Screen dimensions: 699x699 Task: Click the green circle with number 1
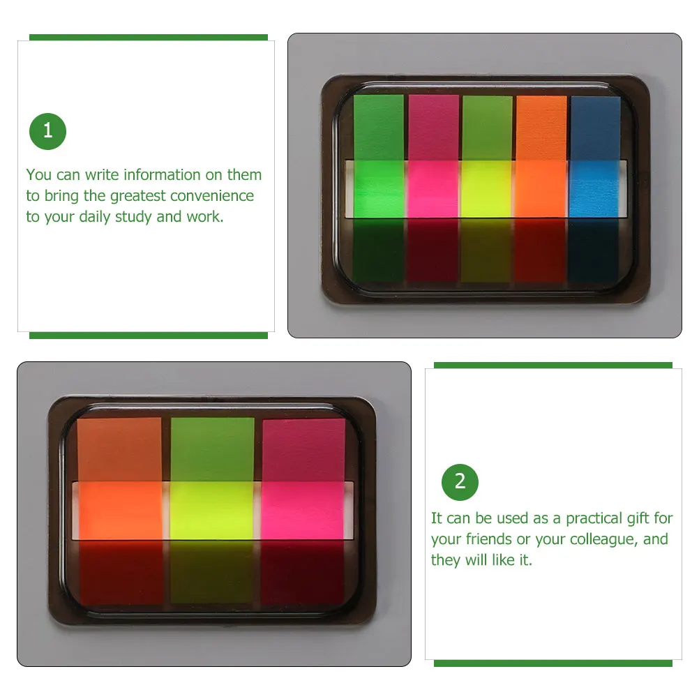pyautogui.click(x=47, y=131)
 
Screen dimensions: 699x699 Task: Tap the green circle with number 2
pyautogui.click(x=460, y=482)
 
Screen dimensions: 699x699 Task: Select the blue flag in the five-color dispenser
pyautogui.click(x=595, y=188)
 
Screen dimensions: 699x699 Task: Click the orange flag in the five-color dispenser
pyautogui.click(x=541, y=188)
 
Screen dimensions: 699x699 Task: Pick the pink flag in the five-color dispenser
pyautogui.click(x=433, y=188)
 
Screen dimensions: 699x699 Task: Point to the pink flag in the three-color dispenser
pyautogui.click(x=303, y=510)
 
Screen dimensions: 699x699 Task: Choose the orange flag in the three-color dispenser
pyautogui.click(x=120, y=510)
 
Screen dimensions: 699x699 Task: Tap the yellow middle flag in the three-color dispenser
pyautogui.click(x=212, y=510)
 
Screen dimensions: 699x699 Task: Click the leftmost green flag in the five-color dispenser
pyautogui.click(x=378, y=188)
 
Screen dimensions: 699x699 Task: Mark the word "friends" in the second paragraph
pyautogui.click(x=489, y=539)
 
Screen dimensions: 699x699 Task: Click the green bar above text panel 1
pyautogui.click(x=149, y=38)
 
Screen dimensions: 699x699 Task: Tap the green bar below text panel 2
pyautogui.click(x=553, y=663)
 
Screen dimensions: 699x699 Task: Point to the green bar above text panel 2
pyautogui.click(x=553, y=365)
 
